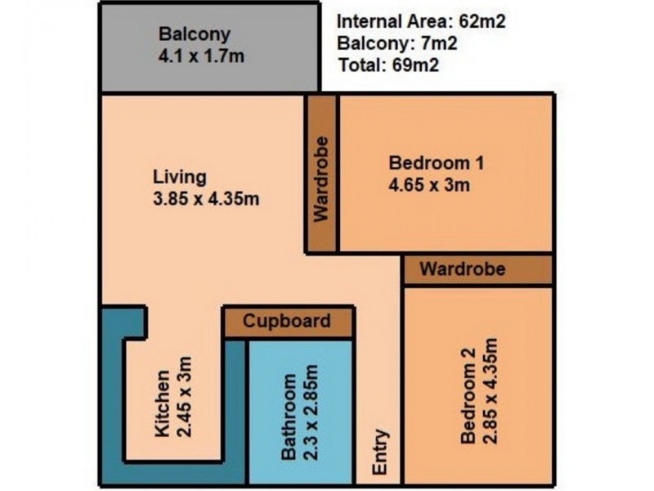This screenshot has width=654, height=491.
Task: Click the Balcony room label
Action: pos(195,35)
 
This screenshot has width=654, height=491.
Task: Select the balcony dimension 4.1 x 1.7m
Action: pos(201,57)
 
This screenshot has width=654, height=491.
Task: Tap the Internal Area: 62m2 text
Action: pos(421,22)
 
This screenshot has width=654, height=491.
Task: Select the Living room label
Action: pos(180,177)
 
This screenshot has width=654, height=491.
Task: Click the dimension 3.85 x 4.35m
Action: pos(206,198)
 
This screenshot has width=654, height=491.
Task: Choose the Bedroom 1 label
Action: pos(437,163)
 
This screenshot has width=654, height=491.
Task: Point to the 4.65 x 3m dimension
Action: pos(429,185)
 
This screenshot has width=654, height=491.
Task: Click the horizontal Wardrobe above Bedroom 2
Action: pos(463,268)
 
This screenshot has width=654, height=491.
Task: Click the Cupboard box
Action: pos(287,321)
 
